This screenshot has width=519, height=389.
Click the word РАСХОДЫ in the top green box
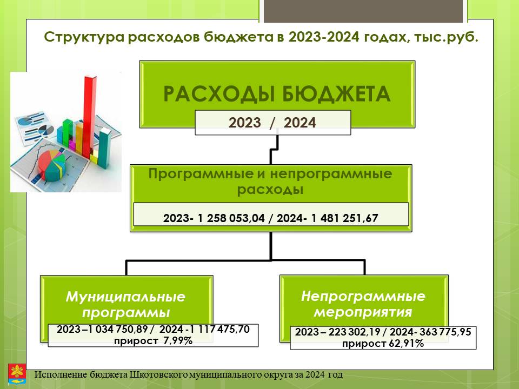219,93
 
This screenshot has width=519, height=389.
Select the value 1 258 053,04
231,218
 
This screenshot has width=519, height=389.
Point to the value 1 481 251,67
344,218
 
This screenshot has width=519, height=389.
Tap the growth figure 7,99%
178,340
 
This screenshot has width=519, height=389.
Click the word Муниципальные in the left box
126,297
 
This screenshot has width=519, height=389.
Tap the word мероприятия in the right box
363,312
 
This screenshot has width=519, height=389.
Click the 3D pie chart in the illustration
51,165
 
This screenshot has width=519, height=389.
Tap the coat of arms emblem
17,374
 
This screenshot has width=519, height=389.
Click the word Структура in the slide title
84,37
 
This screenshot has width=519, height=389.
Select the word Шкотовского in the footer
158,375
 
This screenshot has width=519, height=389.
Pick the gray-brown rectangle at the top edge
363,11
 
